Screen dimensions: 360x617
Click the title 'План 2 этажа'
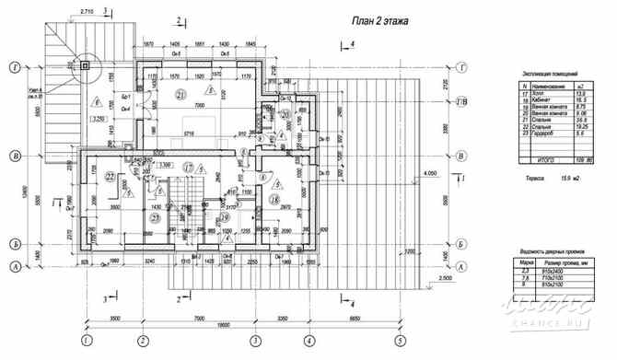tap(380, 19)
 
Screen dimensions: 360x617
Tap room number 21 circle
tap(180, 95)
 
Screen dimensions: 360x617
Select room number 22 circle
tap(110, 176)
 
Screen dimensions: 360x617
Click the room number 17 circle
tap(188, 168)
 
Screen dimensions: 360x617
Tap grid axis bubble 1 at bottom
tap(86, 339)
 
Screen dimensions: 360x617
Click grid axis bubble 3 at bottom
tap(254, 339)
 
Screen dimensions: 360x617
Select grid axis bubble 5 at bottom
tap(399, 339)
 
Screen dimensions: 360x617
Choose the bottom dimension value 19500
tap(243, 324)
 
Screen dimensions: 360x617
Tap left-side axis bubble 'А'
tap(14, 268)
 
